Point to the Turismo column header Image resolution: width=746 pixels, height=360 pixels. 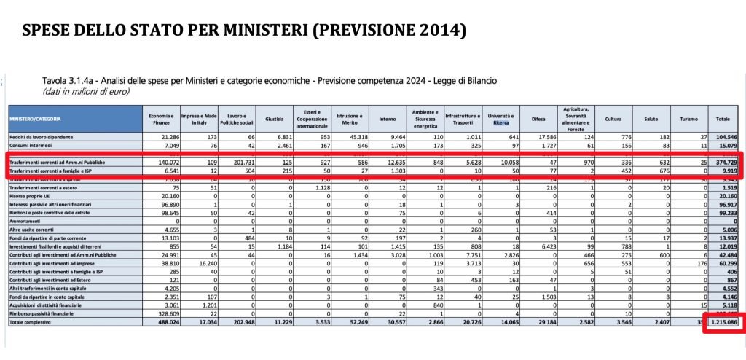pos(688,118)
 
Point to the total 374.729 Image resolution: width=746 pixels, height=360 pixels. pos(726,162)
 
